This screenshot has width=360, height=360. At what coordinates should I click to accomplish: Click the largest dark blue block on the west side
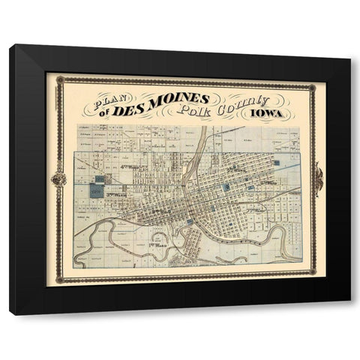click(97, 190)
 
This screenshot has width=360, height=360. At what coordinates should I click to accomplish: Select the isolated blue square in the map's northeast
click(276, 161)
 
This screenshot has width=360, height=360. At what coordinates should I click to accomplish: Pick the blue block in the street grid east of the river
click(226, 185)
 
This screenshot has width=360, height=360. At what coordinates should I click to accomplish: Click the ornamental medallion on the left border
click(58, 179)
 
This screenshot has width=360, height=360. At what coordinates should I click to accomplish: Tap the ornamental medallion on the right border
click(319, 178)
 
